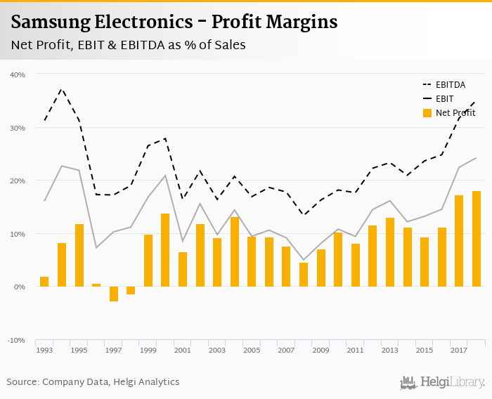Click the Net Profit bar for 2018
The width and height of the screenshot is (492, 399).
coord(477,239)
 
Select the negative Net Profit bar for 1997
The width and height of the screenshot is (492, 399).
coord(114,294)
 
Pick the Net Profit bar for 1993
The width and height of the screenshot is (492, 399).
coord(44,282)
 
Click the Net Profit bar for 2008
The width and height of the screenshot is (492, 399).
coord(304,275)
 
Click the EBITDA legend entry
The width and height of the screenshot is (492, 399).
coord(451,85)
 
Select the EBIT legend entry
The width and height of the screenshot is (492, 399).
coord(446,99)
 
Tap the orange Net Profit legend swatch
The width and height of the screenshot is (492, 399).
coord(427,112)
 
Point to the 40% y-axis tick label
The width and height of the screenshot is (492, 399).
coord(18,74)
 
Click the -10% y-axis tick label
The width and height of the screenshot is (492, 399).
coord(16,340)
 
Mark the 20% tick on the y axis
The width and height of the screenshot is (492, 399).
coord(18,181)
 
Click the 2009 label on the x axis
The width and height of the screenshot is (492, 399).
coord(321,350)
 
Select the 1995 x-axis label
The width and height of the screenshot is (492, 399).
coord(79,350)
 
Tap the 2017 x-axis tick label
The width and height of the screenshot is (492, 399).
coord(459,350)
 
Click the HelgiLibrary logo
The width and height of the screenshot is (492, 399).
coord(443,382)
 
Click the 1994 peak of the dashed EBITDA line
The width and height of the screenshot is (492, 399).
coord(62,89)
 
